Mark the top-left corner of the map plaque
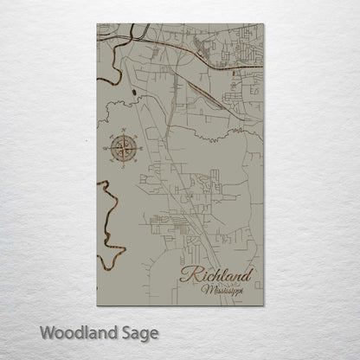[97, 24]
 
